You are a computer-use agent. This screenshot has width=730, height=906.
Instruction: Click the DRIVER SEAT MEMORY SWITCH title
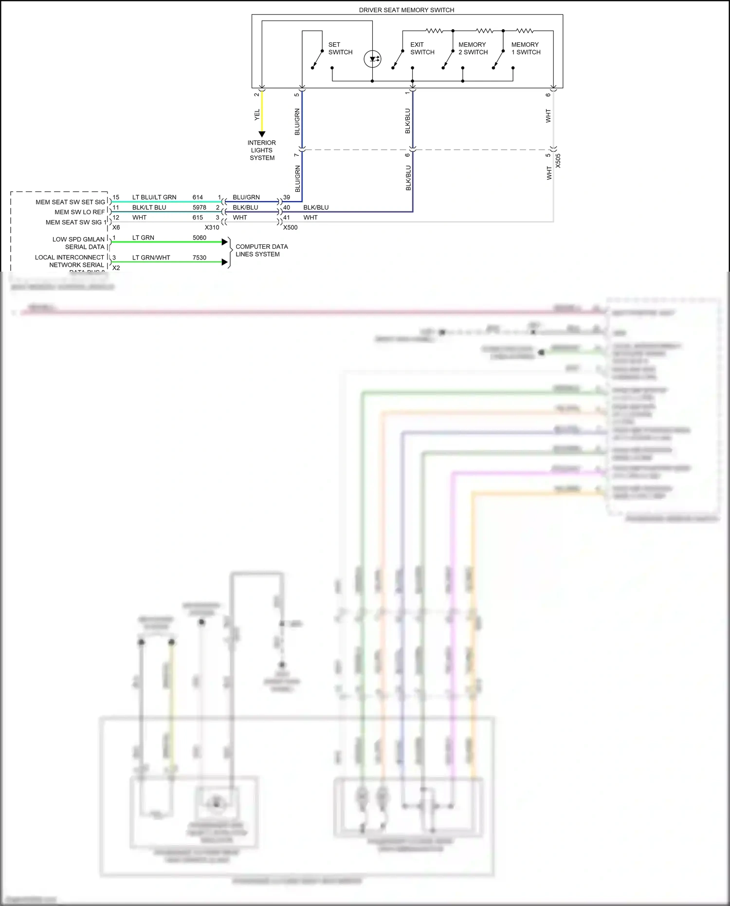[x=406, y=10]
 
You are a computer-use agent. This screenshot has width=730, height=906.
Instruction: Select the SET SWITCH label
[x=340, y=48]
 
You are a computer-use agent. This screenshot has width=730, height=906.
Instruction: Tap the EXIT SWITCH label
[x=422, y=48]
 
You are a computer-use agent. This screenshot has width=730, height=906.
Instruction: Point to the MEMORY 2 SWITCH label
[x=473, y=48]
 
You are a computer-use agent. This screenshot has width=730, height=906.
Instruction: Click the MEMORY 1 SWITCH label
[x=526, y=48]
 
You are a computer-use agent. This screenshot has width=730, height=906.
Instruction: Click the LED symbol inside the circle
[x=373, y=59]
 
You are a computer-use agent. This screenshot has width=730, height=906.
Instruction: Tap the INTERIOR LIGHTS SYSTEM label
[x=262, y=150]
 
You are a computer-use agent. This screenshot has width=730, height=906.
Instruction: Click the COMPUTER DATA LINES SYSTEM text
[x=261, y=250]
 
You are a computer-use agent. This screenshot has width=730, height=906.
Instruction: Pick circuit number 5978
[x=200, y=207]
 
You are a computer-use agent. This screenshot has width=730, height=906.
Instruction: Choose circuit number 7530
[x=200, y=258]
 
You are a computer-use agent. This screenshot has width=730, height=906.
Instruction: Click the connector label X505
[x=558, y=161]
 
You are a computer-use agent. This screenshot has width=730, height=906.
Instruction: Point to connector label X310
[x=212, y=227]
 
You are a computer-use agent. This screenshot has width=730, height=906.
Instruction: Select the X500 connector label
[x=290, y=227]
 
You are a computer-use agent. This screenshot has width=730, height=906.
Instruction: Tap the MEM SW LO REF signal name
[x=79, y=212]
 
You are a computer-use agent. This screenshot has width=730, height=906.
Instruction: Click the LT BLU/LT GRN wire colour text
[x=154, y=197]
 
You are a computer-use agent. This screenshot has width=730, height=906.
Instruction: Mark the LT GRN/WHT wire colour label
[x=151, y=258]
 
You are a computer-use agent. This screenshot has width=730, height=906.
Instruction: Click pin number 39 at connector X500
[x=287, y=197]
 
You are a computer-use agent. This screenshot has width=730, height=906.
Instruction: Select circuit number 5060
[x=200, y=238]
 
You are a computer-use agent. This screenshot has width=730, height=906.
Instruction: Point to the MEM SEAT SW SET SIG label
[x=70, y=202]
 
